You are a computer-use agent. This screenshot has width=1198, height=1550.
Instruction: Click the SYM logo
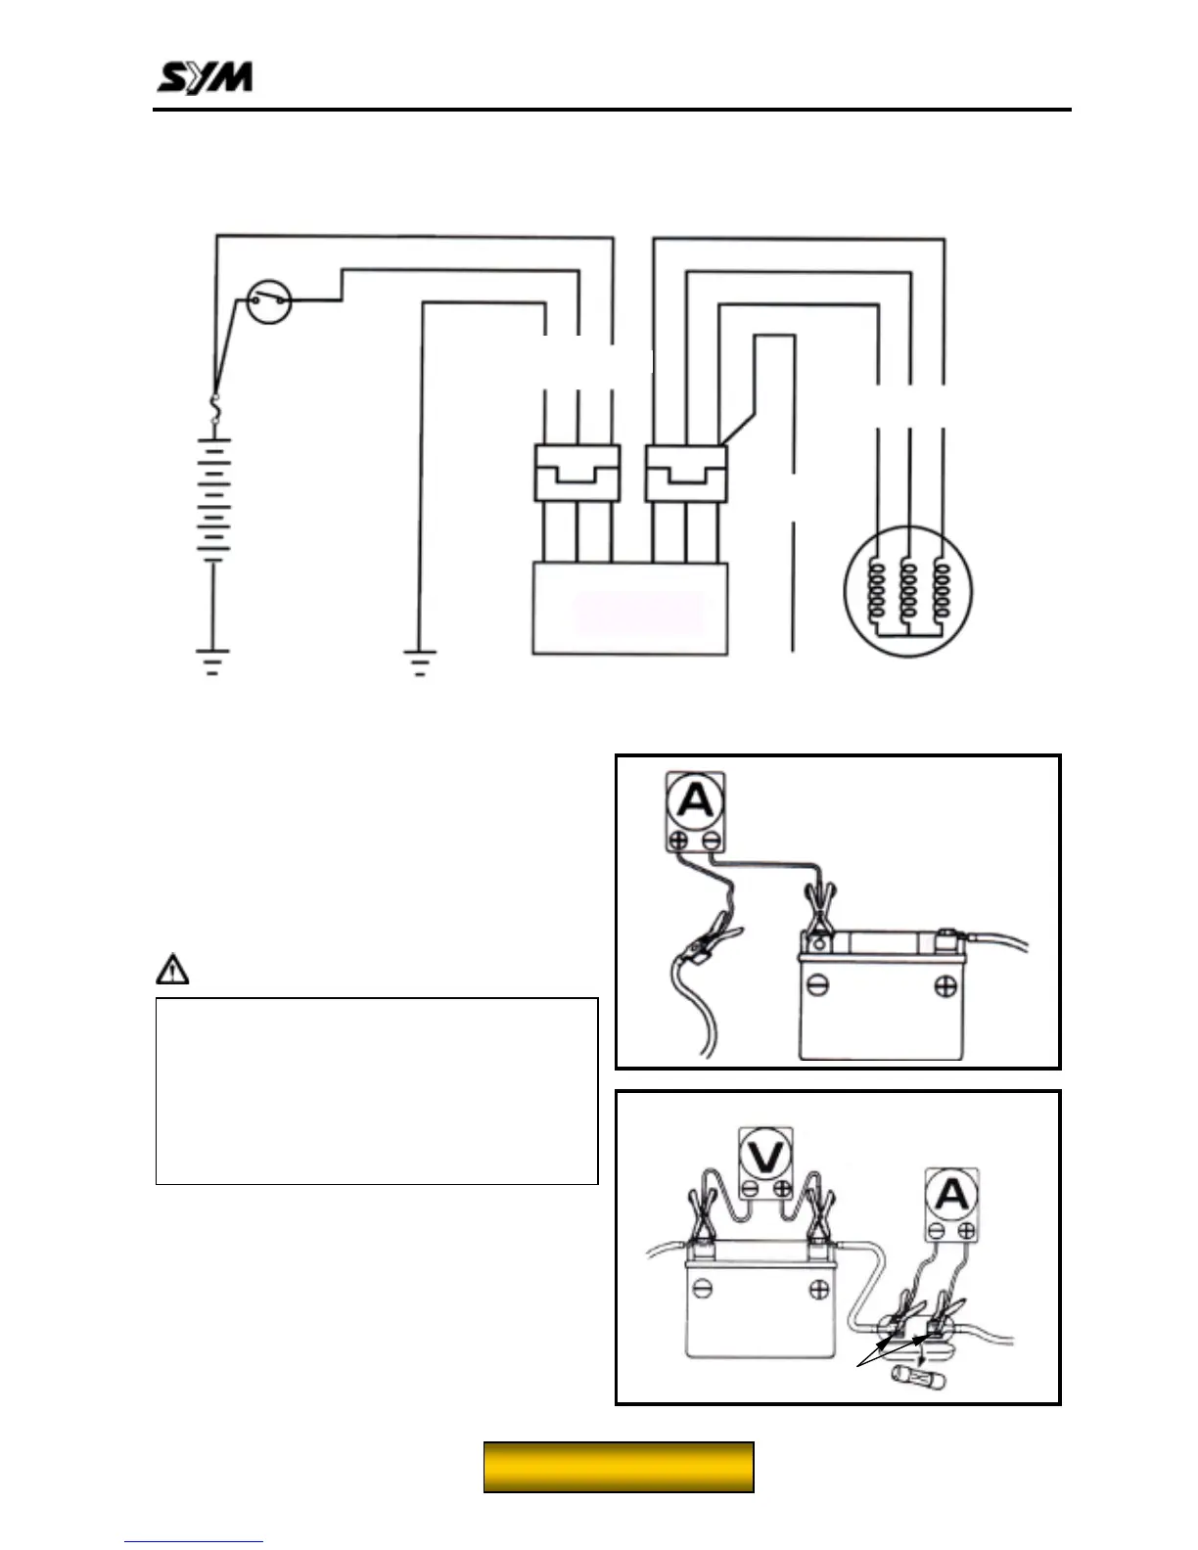pyautogui.click(x=206, y=77)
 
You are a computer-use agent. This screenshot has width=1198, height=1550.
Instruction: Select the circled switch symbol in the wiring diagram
pyautogui.click(x=267, y=302)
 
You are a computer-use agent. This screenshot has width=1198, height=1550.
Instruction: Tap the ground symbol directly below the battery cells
pyautogui.click(x=212, y=661)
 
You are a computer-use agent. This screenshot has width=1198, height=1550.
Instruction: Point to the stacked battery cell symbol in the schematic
pyautogui.click(x=213, y=499)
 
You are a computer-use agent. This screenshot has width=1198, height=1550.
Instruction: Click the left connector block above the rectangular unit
pyautogui.click(x=577, y=474)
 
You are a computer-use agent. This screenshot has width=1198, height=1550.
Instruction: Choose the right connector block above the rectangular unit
pyautogui.click(x=686, y=474)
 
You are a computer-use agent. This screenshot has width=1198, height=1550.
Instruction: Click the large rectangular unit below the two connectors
pyautogui.click(x=629, y=609)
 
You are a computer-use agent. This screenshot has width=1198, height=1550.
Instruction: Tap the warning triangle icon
pyautogui.click(x=172, y=970)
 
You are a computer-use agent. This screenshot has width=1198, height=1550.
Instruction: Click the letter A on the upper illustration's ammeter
pyautogui.click(x=696, y=801)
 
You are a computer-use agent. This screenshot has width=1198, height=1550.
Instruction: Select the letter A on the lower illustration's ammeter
pyautogui.click(x=951, y=1195)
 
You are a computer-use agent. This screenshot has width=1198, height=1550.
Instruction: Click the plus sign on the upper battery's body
pyautogui.click(x=945, y=985)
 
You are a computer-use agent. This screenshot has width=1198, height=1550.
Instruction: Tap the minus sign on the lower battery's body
pyautogui.click(x=703, y=1290)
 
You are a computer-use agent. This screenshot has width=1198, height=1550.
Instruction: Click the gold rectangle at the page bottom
pyautogui.click(x=619, y=1467)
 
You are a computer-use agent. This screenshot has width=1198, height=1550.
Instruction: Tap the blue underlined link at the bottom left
pyautogui.click(x=194, y=1541)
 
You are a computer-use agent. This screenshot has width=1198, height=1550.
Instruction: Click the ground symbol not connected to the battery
pyautogui.click(x=419, y=662)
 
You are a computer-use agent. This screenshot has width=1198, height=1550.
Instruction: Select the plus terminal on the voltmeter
pyautogui.click(x=781, y=1189)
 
